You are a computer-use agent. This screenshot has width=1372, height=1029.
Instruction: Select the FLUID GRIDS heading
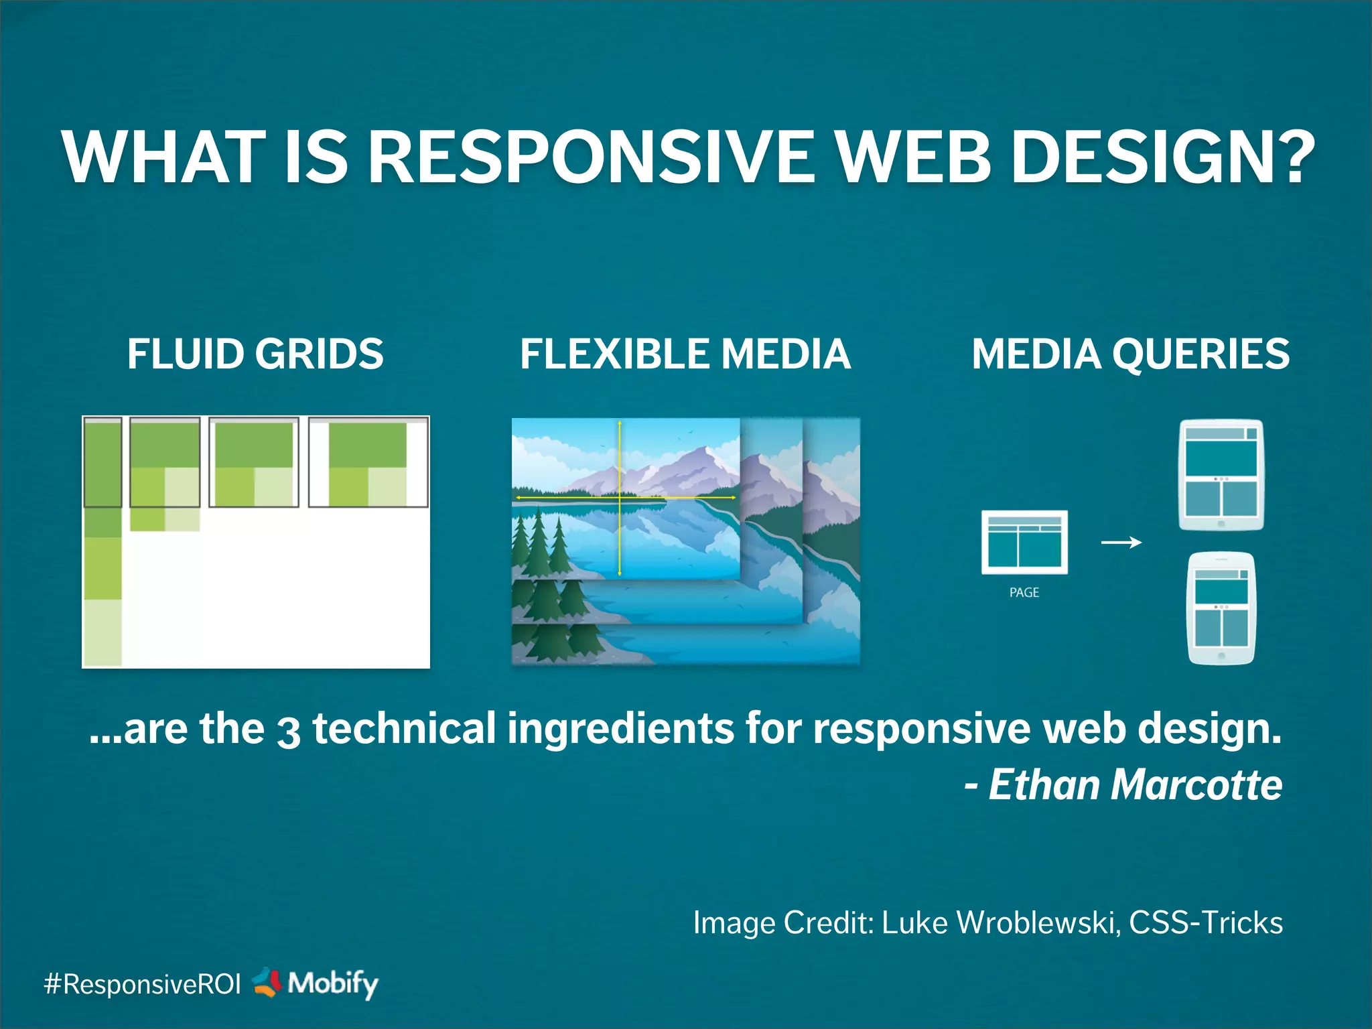tap(255, 354)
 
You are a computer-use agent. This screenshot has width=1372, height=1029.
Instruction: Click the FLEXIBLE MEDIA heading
tap(685, 354)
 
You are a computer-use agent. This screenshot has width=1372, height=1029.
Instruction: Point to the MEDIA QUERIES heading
tap(1131, 354)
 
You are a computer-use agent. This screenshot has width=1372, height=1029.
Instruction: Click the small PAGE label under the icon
tap(1024, 592)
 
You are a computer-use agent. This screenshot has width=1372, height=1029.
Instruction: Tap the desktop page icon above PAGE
tap(1024, 542)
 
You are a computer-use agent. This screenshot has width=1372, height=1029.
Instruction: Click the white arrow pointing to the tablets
tap(1121, 542)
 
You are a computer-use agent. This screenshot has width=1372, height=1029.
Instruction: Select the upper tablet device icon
tap(1221, 474)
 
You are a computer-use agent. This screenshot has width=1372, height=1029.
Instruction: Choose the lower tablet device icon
tap(1221, 608)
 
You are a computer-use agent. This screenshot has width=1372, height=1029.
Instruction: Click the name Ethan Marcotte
tap(1135, 784)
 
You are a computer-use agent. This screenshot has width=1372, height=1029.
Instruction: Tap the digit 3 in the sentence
tap(288, 732)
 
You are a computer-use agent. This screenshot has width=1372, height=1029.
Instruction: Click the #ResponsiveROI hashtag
tap(142, 984)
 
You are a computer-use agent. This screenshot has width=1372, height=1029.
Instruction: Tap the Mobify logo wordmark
tap(332, 983)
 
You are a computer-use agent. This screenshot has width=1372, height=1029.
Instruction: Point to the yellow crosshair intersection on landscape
tap(620, 498)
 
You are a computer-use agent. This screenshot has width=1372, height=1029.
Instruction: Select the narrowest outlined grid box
tap(102, 462)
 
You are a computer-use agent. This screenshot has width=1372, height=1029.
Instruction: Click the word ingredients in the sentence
tap(620, 728)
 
